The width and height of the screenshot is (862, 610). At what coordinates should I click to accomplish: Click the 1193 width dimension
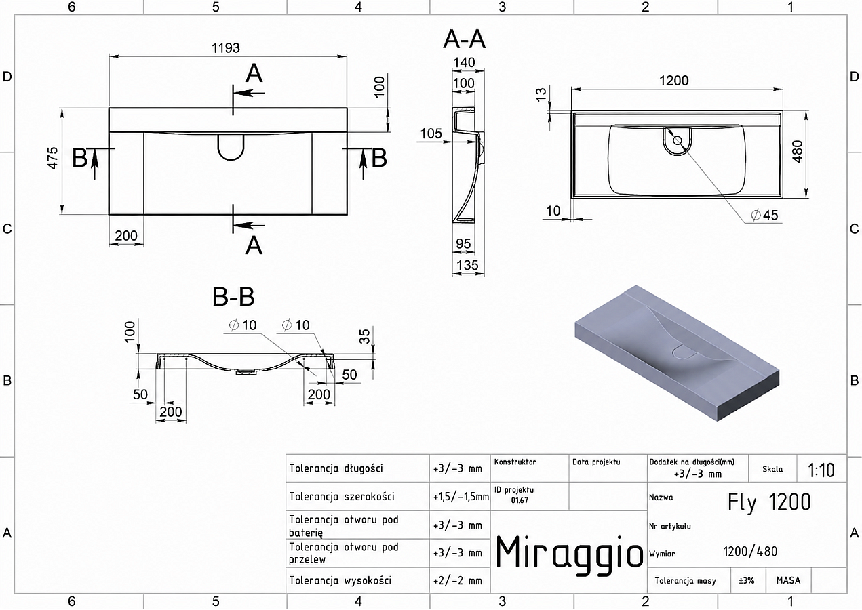[x=226, y=48]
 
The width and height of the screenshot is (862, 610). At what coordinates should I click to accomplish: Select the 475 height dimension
[x=52, y=158]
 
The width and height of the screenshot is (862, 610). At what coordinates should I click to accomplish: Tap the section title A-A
[x=464, y=39]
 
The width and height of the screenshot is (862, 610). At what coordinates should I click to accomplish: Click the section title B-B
[x=233, y=297]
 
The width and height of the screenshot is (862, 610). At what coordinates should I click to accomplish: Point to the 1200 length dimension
[x=674, y=81]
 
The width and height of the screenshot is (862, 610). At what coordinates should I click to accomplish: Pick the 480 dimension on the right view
[x=798, y=152]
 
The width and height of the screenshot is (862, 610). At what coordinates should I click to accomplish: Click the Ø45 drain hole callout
[x=764, y=215]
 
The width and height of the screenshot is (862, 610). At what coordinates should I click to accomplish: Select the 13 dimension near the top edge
[x=541, y=95]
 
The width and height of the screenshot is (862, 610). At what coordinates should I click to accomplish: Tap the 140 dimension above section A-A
[x=464, y=62]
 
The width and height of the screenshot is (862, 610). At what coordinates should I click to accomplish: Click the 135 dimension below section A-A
[x=467, y=265]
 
